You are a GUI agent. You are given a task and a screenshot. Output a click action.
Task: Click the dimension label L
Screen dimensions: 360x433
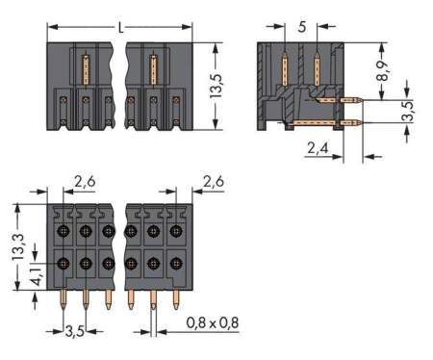click(x=120, y=29)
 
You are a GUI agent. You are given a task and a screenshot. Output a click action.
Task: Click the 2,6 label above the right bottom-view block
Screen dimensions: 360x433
click(x=215, y=179)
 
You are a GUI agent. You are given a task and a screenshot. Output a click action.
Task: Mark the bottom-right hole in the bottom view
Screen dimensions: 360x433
click(x=175, y=263)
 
